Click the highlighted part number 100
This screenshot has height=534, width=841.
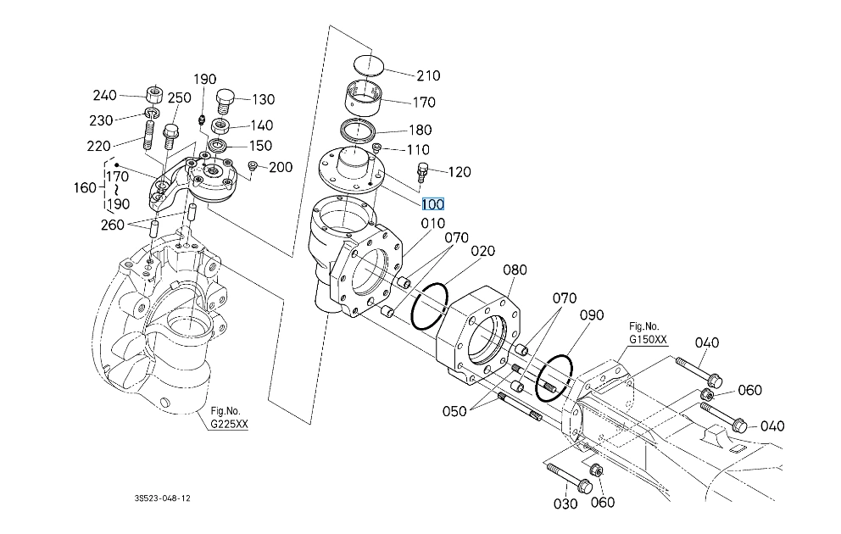432,204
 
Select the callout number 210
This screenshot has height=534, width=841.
428,75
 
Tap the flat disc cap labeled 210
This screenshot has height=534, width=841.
370,64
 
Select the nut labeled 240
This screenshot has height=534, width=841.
154,95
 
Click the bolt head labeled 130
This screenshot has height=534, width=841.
226,101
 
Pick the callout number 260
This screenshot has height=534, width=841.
112,225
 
